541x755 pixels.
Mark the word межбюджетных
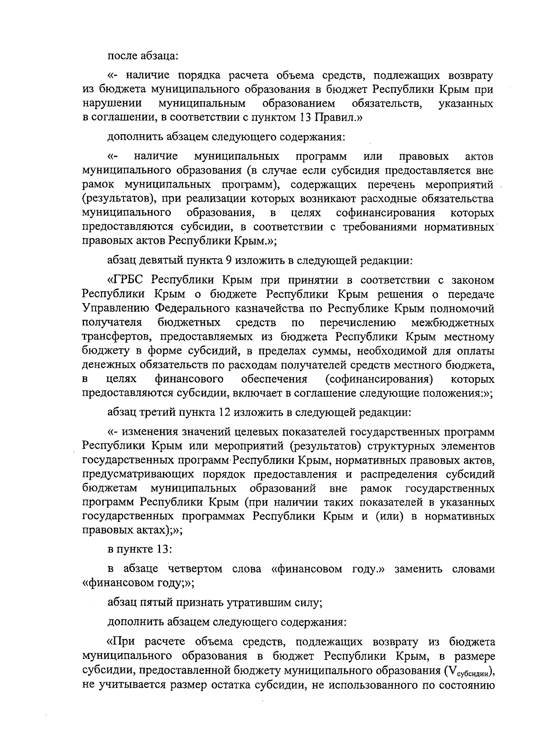pos(453,323)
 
